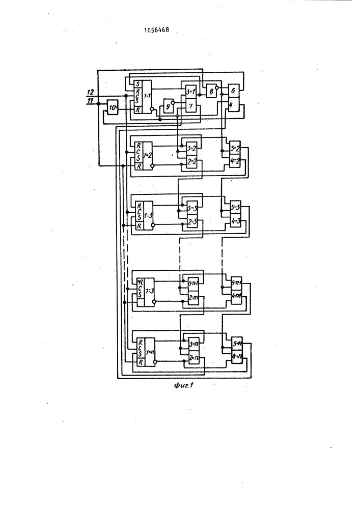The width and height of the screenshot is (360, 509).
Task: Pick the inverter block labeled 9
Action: point(165,108)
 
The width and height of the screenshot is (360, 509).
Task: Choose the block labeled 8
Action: point(209,92)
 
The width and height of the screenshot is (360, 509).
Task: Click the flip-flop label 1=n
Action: point(149,352)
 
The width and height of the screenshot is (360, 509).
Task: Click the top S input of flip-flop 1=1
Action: point(136,84)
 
